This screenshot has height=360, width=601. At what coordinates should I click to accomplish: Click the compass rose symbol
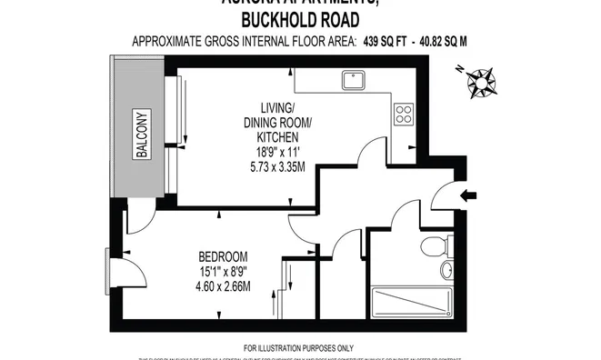483,82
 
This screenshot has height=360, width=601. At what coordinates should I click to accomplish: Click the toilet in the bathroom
436,245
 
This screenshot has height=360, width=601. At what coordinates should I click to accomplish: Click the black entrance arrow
470,194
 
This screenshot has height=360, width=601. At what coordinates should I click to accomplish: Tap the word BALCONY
142,135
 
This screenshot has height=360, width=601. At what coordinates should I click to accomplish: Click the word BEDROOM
223,256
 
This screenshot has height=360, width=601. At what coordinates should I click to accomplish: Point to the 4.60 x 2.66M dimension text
223,286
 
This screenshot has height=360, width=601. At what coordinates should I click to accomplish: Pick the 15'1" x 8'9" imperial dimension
223,271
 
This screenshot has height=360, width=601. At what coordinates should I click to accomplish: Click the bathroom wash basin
446,270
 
